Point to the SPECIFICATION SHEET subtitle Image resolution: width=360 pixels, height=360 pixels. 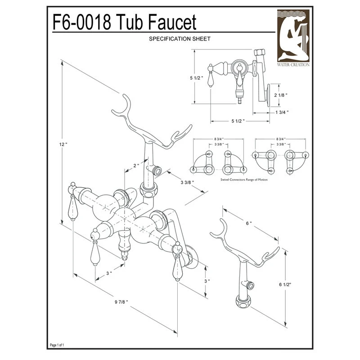pyautogui.click(x=180, y=39)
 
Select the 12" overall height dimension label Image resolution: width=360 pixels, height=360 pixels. pyautogui.click(x=63, y=144)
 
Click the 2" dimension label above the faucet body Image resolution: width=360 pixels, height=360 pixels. pyautogui.click(x=136, y=166)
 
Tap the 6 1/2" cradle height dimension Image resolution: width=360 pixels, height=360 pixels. pyautogui.click(x=287, y=285)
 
